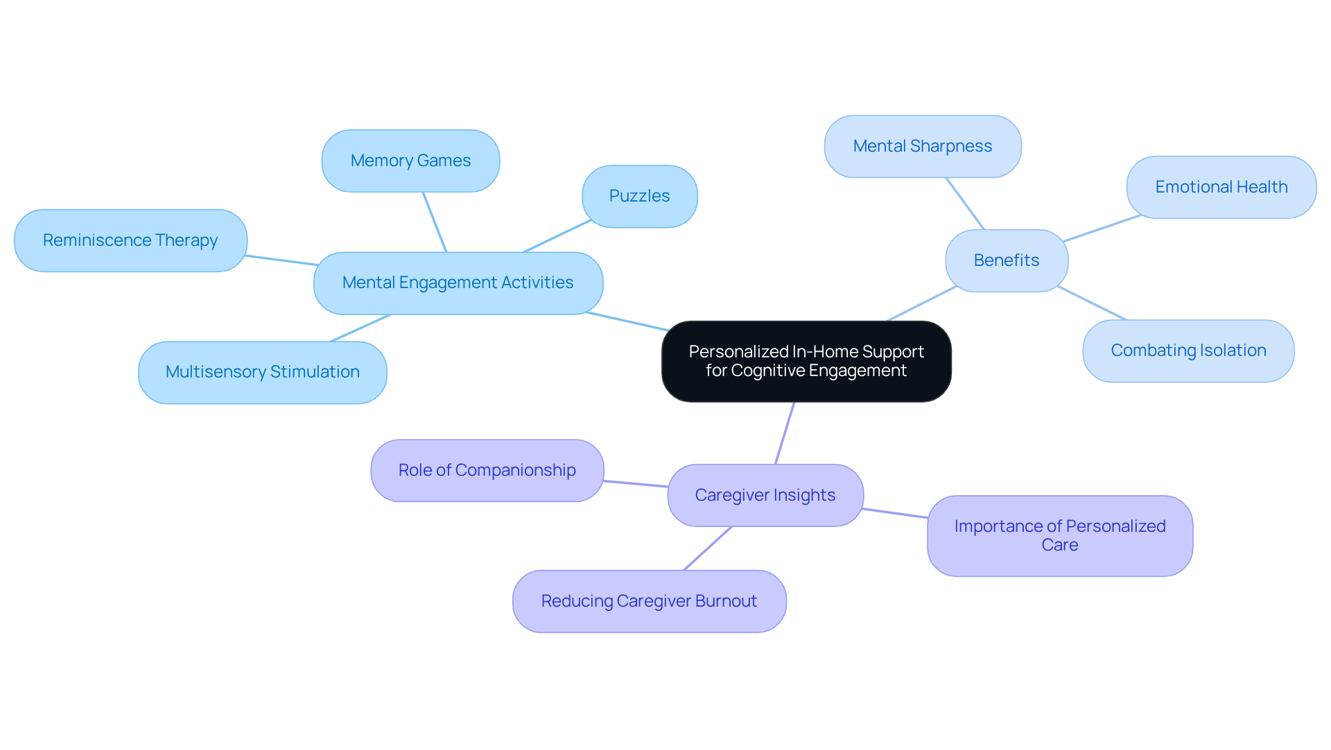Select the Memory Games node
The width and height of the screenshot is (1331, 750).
(410, 161)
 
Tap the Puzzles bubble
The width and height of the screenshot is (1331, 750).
(639, 196)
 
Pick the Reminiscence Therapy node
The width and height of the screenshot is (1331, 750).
(130, 240)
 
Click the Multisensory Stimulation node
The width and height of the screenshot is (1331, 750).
(262, 372)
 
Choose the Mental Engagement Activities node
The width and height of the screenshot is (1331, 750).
(458, 283)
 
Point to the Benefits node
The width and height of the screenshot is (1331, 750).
(1006, 260)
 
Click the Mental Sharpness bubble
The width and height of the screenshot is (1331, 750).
(922, 146)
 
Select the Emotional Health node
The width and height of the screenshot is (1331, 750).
(1221, 187)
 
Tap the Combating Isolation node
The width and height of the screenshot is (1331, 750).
(1188, 350)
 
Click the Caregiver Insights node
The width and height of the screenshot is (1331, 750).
(765, 495)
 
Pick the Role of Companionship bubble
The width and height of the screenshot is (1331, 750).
(487, 470)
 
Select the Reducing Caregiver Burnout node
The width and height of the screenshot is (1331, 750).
(649, 601)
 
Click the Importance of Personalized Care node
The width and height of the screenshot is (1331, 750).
(1059, 535)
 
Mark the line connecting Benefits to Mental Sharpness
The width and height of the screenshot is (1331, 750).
(965, 204)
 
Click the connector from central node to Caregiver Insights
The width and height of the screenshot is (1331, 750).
(785, 433)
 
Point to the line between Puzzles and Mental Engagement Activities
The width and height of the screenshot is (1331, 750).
(557, 236)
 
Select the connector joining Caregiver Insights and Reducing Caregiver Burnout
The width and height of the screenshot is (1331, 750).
(708, 548)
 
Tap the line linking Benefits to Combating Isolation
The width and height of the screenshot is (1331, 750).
(1092, 303)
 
